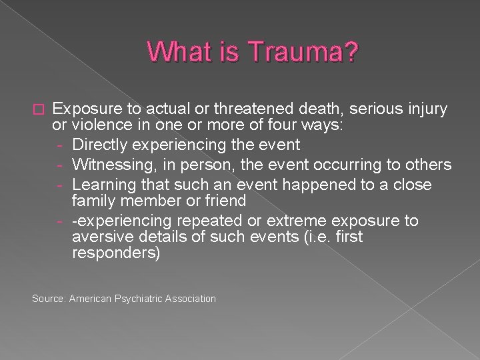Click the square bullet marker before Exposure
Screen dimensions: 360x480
click(x=38, y=109)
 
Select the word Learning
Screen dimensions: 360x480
click(x=103, y=184)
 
